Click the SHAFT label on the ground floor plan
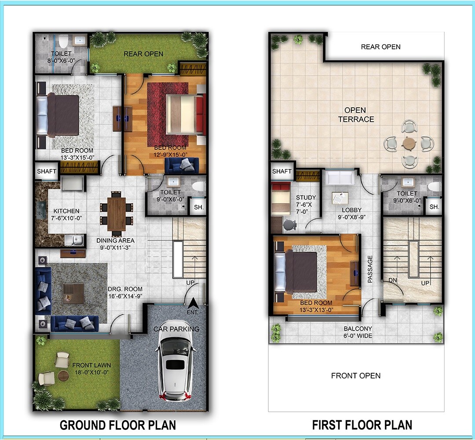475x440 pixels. point(46,171)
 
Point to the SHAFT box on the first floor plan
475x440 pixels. point(282,171)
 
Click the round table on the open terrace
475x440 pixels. point(409,144)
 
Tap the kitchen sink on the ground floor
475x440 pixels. point(73,240)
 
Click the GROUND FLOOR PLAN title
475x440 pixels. point(118,425)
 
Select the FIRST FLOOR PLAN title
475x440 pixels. point(362,425)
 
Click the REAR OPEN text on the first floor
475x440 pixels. point(380,47)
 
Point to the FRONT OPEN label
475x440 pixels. point(356,375)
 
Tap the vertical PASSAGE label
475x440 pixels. point(370,269)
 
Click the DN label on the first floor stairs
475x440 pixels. point(393,280)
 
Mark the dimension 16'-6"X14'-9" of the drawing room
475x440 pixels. point(125,296)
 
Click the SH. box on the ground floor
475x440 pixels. point(198,207)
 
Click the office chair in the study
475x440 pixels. point(289,224)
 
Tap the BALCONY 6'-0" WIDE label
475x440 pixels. point(357,332)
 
